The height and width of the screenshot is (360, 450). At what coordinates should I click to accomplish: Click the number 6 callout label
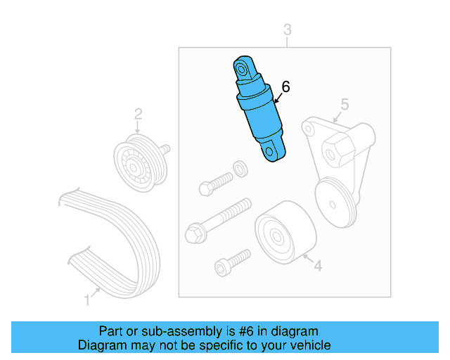click(285, 87)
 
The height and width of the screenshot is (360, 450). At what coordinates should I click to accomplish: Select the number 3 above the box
click(287, 29)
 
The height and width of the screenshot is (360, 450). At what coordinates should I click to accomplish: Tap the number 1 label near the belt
click(87, 300)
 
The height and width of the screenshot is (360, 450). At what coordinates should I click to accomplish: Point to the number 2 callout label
click(139, 114)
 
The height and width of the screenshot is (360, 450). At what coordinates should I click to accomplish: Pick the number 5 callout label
click(345, 105)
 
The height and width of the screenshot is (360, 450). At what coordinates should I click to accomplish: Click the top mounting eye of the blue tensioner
click(243, 69)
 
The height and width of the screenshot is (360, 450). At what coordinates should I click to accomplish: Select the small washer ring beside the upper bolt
click(239, 167)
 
